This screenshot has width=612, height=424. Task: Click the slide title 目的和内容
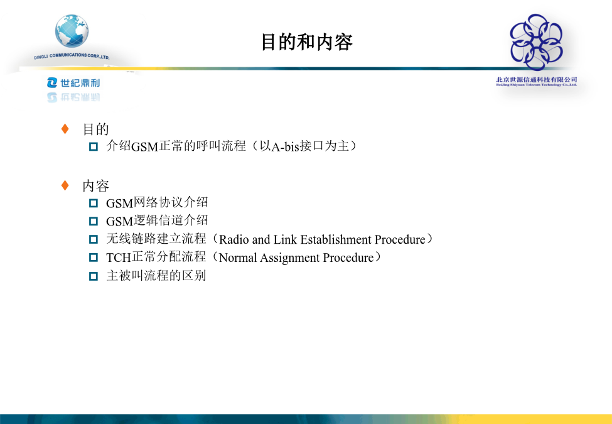pyautogui.click(x=307, y=42)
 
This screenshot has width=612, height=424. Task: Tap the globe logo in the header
pyautogui.click(x=72, y=31)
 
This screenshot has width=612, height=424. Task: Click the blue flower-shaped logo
pyautogui.click(x=536, y=42)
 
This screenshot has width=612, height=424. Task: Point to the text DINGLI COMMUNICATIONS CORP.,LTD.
pyautogui.click(x=72, y=57)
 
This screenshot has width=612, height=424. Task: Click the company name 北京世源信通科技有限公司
pyautogui.click(x=536, y=80)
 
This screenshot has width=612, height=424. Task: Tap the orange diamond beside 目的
pyautogui.click(x=65, y=128)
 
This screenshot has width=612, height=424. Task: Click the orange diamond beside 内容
pyautogui.click(x=65, y=185)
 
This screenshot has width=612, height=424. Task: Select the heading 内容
pyautogui.click(x=95, y=186)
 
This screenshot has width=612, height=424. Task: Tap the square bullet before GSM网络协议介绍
pyautogui.click(x=94, y=203)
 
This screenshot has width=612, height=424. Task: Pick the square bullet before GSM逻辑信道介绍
pyautogui.click(x=94, y=221)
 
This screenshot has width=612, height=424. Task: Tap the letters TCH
pyautogui.click(x=118, y=258)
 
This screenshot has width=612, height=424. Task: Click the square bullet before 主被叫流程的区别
pyautogui.click(x=94, y=276)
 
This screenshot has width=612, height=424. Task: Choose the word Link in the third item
pyautogui.click(x=285, y=239)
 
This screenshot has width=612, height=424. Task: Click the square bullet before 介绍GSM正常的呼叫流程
pyautogui.click(x=94, y=146)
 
